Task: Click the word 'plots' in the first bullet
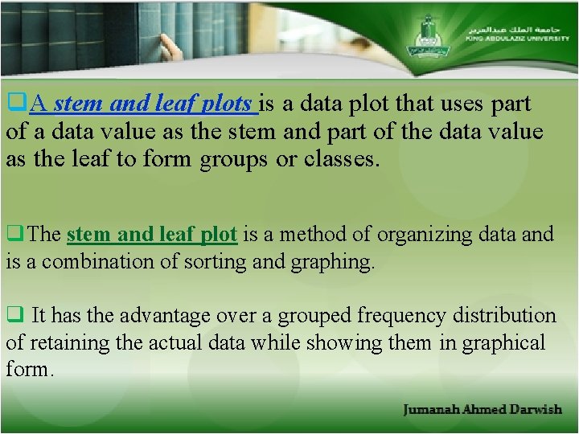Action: pos(228,104)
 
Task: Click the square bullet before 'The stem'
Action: pos(13,235)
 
